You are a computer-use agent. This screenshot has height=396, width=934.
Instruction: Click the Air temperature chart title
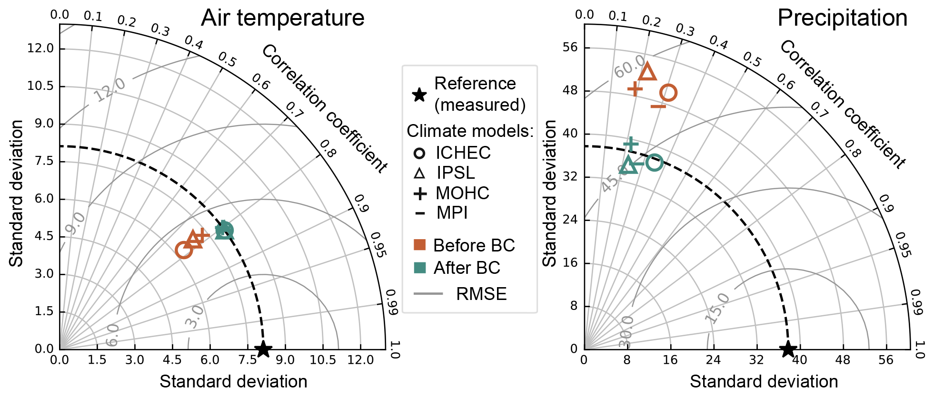click(283, 18)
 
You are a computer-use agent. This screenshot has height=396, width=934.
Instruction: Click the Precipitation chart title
click(842, 18)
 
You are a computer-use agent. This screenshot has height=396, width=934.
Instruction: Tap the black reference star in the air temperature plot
click(263, 349)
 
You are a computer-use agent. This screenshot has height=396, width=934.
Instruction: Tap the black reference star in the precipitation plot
click(788, 349)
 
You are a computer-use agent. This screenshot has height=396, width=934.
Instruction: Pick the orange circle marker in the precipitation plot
click(668, 93)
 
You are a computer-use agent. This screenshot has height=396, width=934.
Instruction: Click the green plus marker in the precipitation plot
click(631, 143)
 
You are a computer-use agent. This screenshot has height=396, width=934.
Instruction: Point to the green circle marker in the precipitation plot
click(655, 163)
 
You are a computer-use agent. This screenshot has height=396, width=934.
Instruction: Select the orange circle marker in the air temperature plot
click(184, 250)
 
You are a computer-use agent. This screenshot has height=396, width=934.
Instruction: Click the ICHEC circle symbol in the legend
click(419, 153)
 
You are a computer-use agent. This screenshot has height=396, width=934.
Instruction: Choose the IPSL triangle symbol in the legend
click(419, 173)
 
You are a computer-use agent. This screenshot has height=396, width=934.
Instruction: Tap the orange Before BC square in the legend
click(419, 245)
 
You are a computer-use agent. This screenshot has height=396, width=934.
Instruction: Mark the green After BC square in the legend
click(419, 268)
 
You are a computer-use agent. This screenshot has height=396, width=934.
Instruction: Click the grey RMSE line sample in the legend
click(428, 294)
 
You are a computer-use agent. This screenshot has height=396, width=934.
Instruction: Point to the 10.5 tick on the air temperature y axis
click(40, 86)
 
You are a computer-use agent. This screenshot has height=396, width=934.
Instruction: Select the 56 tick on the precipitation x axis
click(886, 360)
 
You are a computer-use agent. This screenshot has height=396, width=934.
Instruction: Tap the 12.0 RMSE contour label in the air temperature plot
click(109, 90)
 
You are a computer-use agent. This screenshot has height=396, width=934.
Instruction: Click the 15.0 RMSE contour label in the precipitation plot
click(717, 309)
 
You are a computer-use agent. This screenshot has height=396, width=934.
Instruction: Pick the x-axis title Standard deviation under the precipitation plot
click(764, 381)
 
